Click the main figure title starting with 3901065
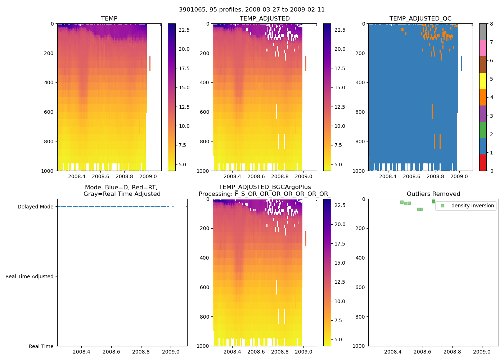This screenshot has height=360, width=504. pos(252,10)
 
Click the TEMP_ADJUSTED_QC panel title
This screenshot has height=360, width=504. pos(420,19)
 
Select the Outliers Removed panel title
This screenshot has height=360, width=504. pos(433,194)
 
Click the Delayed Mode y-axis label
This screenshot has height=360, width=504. pos(35,207)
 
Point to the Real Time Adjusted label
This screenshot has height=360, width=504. pos(30,276)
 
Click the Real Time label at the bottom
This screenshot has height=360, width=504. pos(41,346)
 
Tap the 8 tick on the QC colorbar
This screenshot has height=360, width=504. pos(491,24)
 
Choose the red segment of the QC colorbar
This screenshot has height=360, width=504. pos(483,162)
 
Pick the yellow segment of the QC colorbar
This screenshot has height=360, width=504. pos(483,81)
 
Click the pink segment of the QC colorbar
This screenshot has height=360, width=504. pos(483,48)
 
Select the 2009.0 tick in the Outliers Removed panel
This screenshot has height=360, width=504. pos(482,351)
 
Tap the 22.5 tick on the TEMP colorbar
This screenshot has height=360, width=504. pos(184,30)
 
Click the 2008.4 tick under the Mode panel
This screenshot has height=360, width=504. pos(81,351)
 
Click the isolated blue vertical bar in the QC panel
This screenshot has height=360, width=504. pos(461,63)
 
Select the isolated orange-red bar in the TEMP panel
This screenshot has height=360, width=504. pos(150,63)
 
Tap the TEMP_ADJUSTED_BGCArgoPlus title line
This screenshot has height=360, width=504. pos(265,187)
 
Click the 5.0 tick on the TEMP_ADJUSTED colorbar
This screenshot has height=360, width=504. pos(339,165)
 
